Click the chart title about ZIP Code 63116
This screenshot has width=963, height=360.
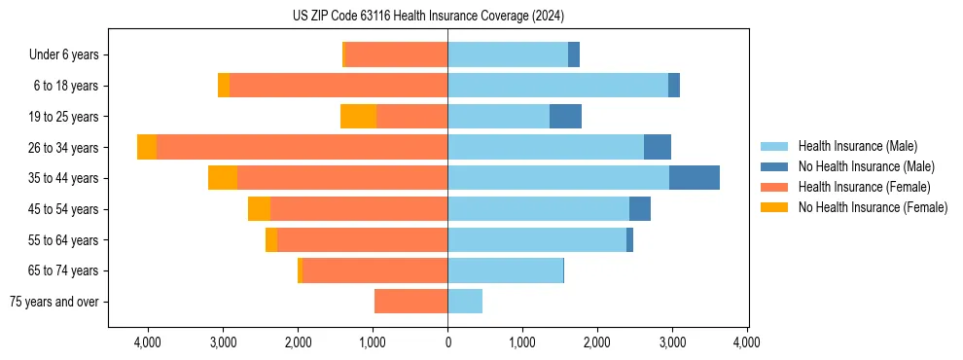click(428, 17)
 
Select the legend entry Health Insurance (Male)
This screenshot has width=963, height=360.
click(856, 146)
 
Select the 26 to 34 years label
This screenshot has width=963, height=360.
click(64, 148)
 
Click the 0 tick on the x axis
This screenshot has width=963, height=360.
click(447, 342)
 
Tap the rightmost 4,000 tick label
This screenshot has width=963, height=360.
click(746, 342)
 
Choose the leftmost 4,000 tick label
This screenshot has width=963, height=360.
click(148, 342)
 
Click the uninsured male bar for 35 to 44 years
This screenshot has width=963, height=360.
click(694, 178)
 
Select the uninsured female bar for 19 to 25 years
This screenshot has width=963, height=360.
click(358, 117)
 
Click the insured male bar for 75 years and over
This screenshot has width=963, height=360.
click(465, 302)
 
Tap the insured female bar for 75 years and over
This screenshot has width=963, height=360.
click(410, 302)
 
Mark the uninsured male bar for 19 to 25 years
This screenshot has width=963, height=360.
click(565, 117)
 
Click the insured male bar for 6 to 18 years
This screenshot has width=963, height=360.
click(557, 86)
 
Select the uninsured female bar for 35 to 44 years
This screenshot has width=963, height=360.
click(223, 178)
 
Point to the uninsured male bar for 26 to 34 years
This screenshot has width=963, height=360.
click(657, 147)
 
